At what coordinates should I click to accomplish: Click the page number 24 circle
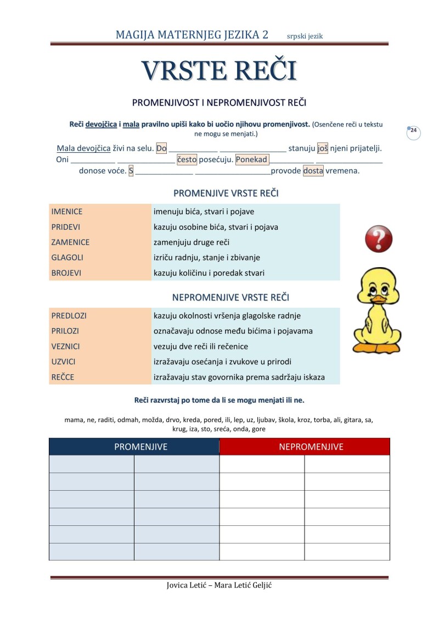413,131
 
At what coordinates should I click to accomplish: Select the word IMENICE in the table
66,212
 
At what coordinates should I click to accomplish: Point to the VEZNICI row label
65,346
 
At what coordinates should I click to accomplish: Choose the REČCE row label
63,377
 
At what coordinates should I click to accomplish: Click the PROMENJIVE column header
140,447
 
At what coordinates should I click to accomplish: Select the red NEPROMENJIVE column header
311,447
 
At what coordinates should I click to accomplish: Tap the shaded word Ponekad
252,160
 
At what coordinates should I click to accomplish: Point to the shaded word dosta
313,171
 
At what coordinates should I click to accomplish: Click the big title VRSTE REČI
219,71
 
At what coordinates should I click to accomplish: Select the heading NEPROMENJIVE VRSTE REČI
230,297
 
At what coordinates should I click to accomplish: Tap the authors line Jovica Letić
219,585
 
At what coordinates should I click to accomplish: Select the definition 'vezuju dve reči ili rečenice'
201,346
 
